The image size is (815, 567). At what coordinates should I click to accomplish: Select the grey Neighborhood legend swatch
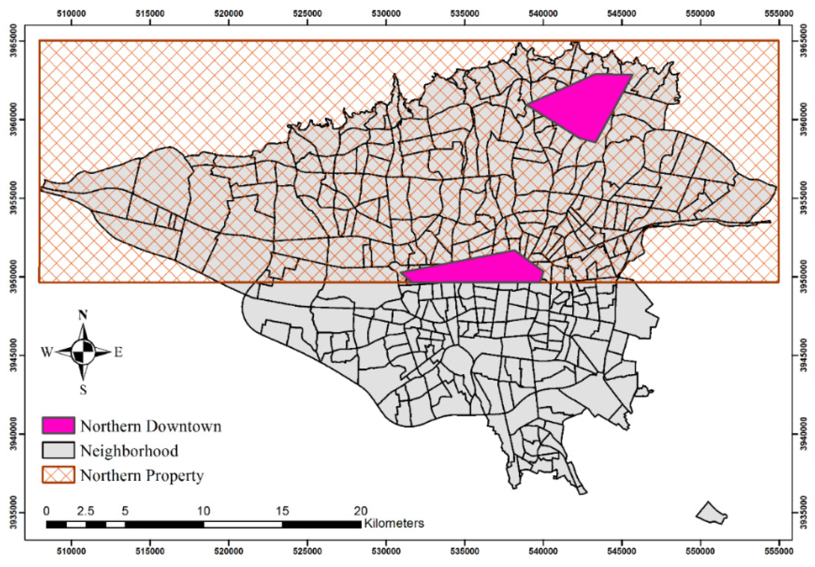point(58,450)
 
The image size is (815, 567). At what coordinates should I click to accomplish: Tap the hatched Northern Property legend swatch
point(58,475)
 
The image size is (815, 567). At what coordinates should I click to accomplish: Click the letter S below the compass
point(83,390)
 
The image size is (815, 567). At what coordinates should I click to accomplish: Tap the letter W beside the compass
point(46,352)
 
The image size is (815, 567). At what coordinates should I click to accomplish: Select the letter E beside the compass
point(118,352)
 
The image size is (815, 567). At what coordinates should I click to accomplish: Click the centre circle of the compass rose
point(83,352)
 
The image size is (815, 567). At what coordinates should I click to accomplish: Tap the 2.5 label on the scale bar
point(86,511)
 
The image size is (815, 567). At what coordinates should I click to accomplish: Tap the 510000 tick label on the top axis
point(72,14)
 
